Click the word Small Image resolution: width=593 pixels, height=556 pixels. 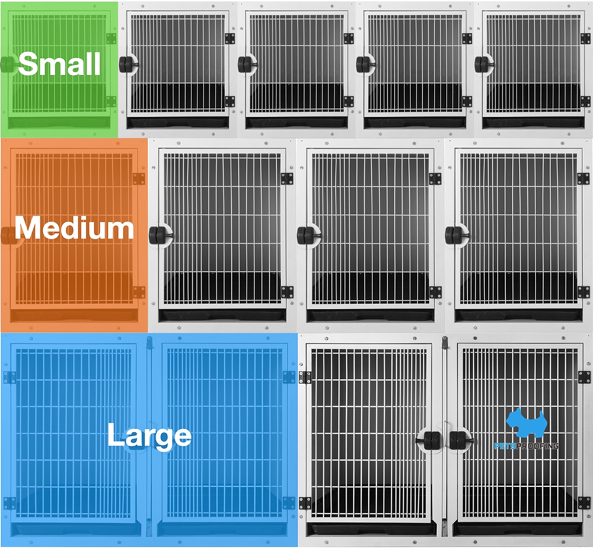coord(59,63)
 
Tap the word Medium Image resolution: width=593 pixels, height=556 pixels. coord(74,228)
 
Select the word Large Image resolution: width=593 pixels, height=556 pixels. coord(149,436)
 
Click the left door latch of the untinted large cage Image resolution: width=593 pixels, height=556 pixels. coord(431,440)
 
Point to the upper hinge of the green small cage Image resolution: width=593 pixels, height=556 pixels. coord(111,39)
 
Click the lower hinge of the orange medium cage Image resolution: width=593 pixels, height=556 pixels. coord(139,292)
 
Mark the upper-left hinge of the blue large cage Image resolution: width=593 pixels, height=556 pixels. coord(9,377)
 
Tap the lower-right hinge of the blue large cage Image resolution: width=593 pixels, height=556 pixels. coord(289,503)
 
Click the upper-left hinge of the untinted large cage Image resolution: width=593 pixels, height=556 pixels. coord(305,377)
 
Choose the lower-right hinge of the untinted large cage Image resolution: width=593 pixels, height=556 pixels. coord(584,503)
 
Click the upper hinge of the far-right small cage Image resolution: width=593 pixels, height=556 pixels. coord(586,39)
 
